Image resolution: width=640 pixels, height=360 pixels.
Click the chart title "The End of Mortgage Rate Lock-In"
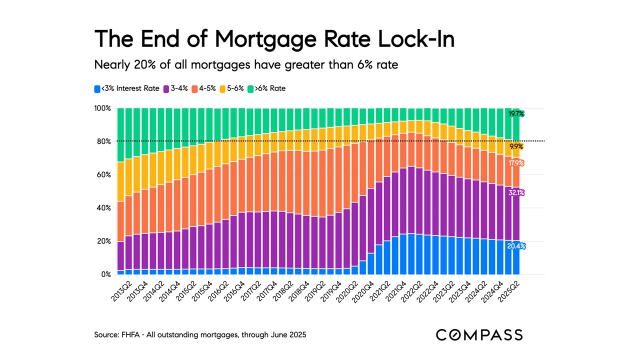click(x=274, y=39)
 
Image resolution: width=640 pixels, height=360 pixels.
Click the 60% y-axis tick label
click(x=103, y=175)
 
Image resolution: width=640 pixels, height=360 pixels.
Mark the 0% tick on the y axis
click(x=105, y=274)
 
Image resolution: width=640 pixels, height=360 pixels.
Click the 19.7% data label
click(x=516, y=114)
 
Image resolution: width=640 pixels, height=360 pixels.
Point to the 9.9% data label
click(x=516, y=146)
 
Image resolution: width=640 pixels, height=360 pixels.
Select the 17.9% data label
click(x=516, y=162)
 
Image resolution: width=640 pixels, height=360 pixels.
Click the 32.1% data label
click(x=516, y=192)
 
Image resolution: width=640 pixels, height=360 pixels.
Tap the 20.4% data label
click(x=516, y=246)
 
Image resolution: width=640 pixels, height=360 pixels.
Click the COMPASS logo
click(x=479, y=335)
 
